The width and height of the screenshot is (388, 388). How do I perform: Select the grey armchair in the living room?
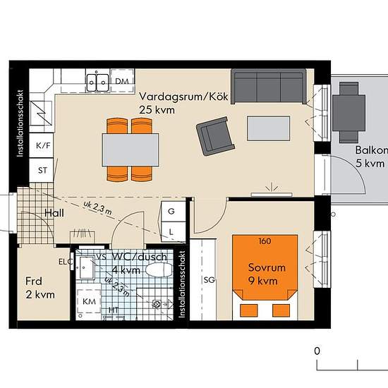[x=215, y=137]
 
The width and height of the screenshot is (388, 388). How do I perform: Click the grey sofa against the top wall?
[x=269, y=87]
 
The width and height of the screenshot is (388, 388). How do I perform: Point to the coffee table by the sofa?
[x=269, y=129]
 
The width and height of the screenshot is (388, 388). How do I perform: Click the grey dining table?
[x=130, y=149]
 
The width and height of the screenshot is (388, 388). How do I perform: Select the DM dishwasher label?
[x=122, y=82]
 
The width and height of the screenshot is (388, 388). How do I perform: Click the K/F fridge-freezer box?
[x=42, y=147]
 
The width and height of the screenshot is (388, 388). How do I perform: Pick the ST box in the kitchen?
[x=42, y=170]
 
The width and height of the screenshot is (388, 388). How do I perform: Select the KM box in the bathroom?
[x=90, y=301]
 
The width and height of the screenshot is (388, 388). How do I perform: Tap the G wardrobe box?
[x=171, y=210]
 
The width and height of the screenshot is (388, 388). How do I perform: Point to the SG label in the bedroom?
[x=209, y=280]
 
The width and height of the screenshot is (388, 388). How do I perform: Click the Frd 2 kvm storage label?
[x=40, y=287]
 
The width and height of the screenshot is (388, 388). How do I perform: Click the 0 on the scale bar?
[x=317, y=351]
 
